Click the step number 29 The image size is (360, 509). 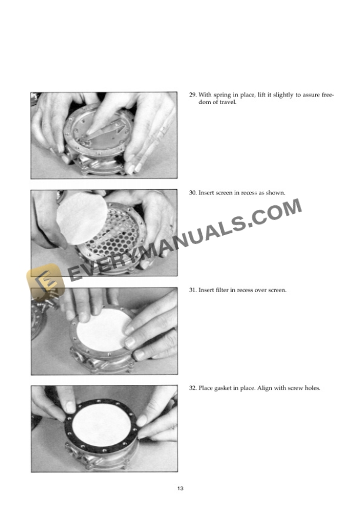[x=192, y=95]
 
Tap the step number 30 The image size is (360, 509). [x=192, y=193]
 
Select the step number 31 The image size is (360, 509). [x=192, y=290]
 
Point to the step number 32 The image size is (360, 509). [x=192, y=389]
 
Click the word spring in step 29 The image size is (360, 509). [x=221, y=95]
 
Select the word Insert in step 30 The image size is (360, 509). [x=207, y=193]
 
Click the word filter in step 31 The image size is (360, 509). [x=224, y=290]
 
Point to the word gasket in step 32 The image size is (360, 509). [x=223, y=389]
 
